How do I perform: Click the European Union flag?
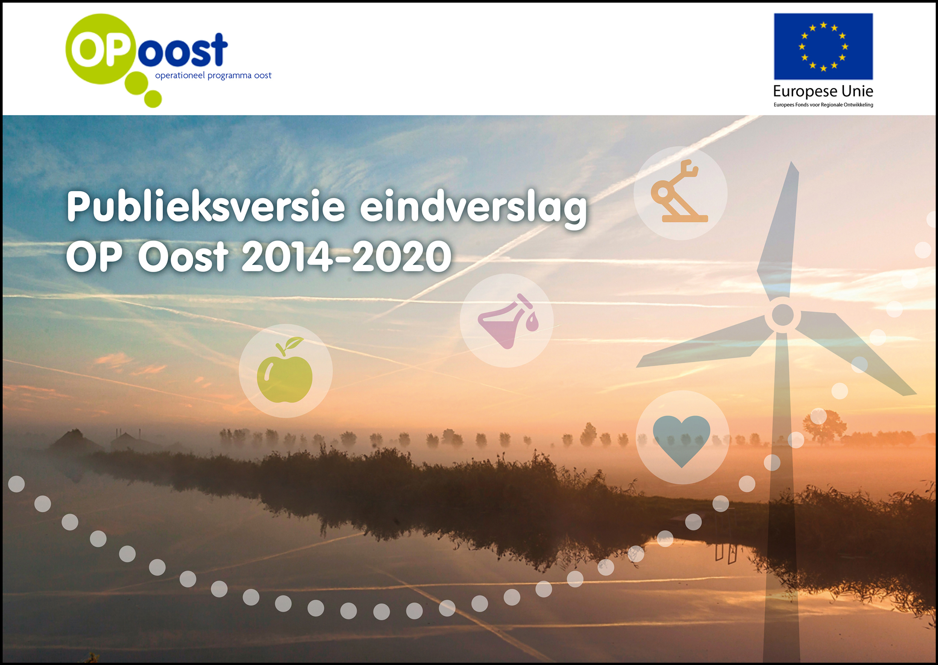pos(823,46)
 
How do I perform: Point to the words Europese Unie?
pos(823,91)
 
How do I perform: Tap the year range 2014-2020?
pos(346,256)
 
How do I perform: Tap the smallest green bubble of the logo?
pos(153,99)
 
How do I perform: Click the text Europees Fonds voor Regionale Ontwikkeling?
pos(823,105)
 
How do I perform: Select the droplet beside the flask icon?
pos(532,322)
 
